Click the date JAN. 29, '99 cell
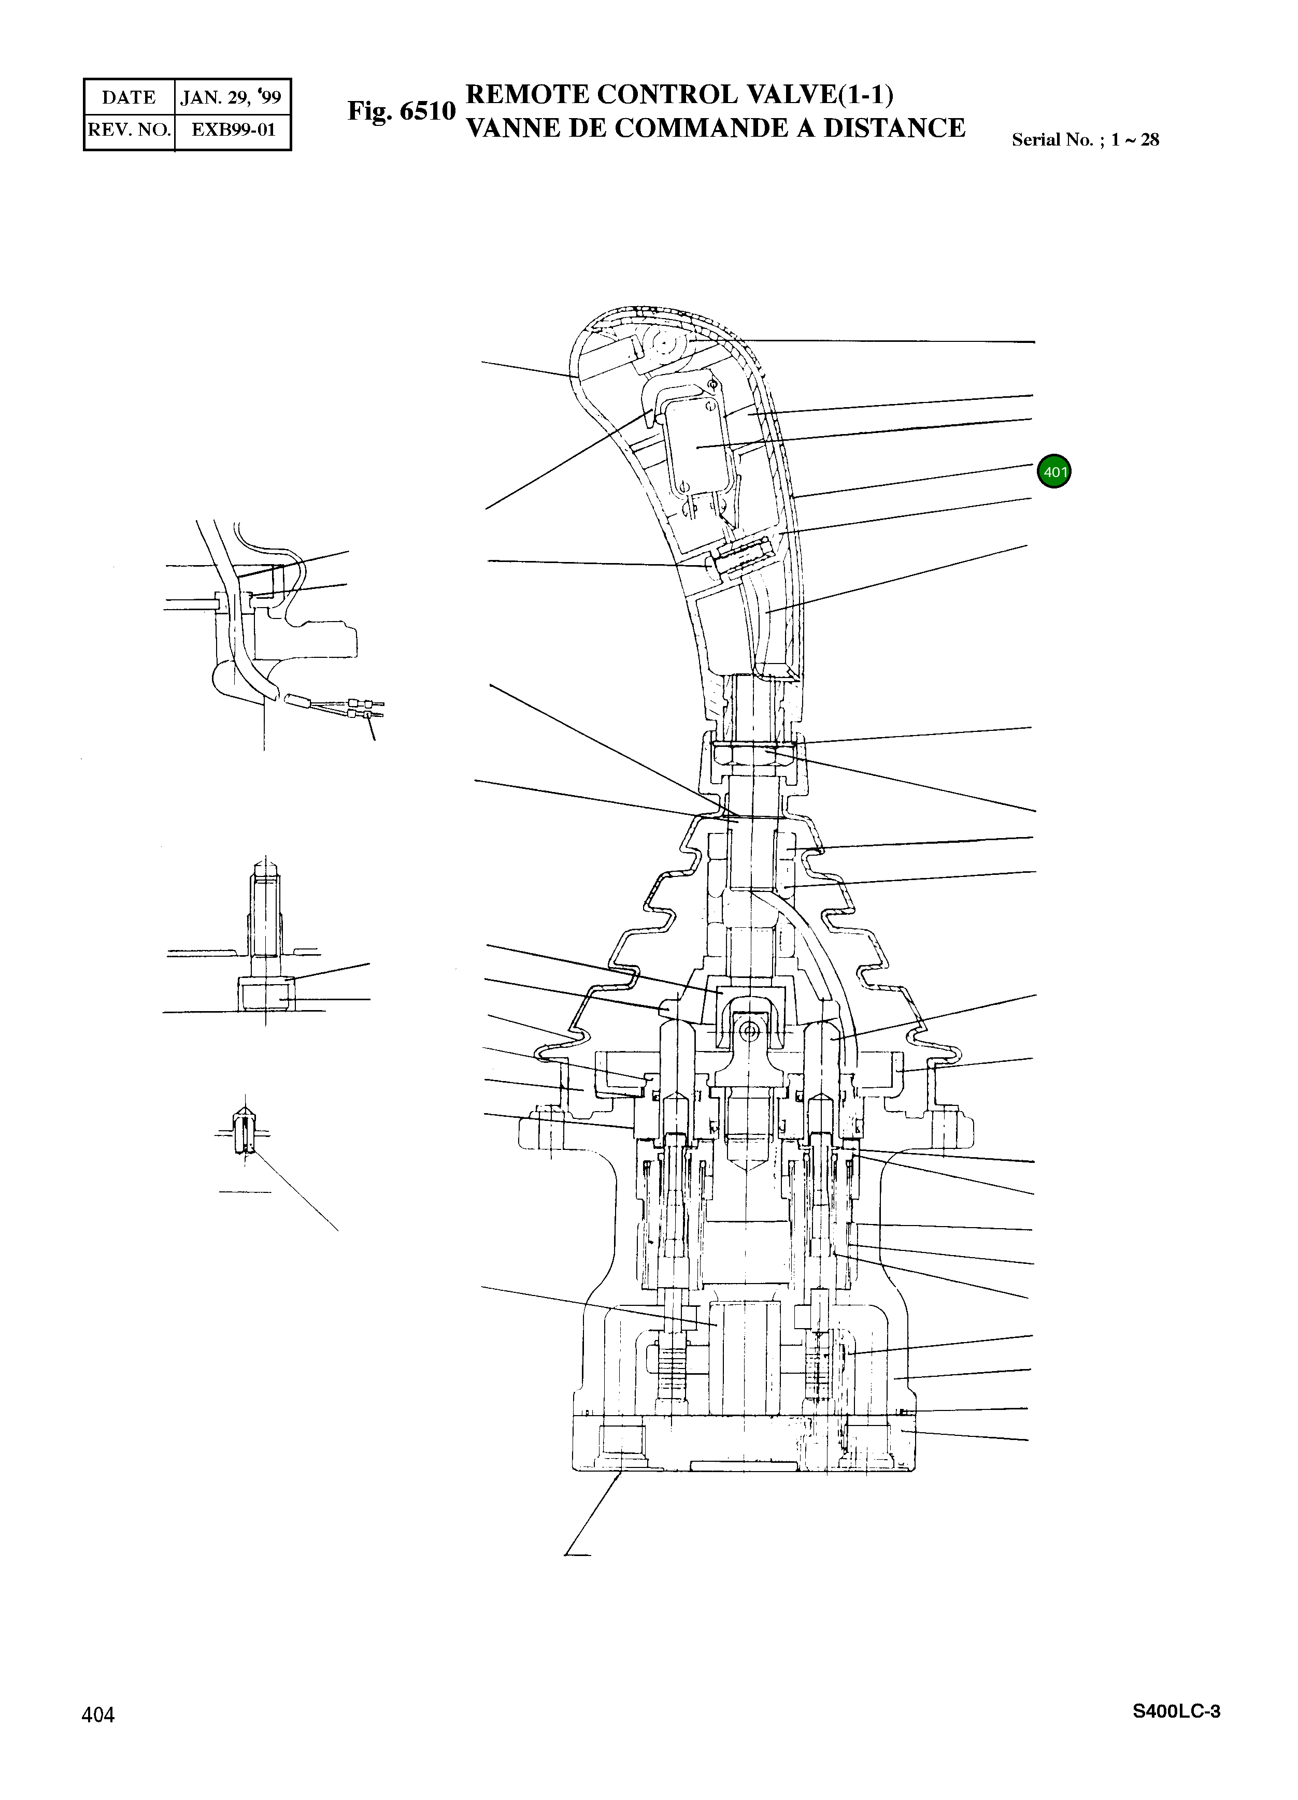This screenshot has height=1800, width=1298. [231, 97]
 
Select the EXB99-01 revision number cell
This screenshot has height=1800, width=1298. [233, 129]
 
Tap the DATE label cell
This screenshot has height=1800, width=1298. [129, 97]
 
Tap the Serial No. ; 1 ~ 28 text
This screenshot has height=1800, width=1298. [1085, 140]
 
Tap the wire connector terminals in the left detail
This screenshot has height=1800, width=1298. [364, 709]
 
